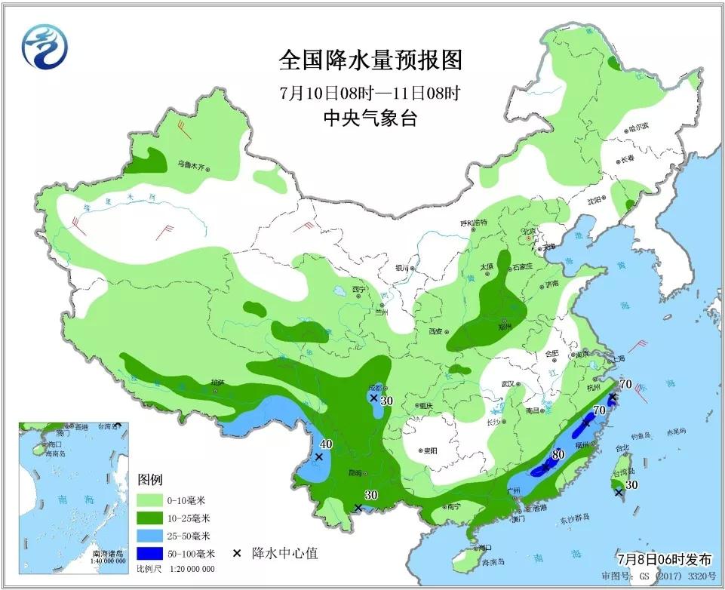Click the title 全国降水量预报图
370,59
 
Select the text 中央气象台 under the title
370,118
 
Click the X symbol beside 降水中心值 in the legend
236,553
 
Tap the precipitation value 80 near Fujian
558,455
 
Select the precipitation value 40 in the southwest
326,444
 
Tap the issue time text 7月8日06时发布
664,560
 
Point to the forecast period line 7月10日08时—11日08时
370,94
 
